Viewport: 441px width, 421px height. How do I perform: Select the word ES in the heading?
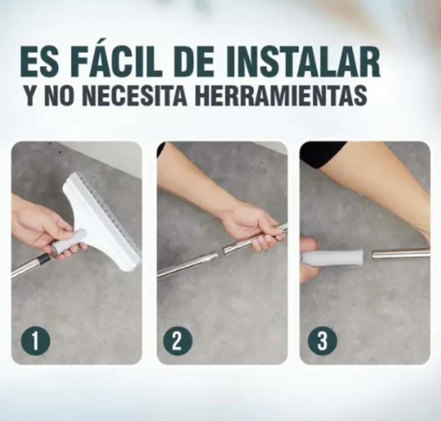[40, 63]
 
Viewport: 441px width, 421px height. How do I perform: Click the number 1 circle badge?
[36, 341]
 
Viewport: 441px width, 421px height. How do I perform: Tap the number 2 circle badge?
[177, 341]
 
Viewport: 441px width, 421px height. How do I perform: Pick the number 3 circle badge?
[322, 341]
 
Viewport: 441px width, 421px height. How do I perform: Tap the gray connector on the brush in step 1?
[69, 240]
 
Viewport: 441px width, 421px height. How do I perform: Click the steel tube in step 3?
[401, 253]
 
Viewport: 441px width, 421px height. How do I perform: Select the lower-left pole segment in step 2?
[187, 265]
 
